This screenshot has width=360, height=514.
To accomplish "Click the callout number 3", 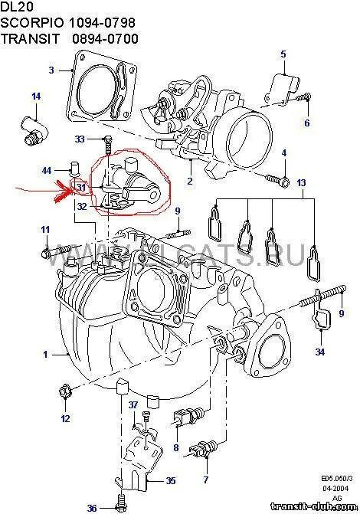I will click(51, 70).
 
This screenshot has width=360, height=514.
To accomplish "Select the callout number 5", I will click(282, 53).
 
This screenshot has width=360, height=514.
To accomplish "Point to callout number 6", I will click(306, 123).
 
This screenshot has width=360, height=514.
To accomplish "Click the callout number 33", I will click(80, 139).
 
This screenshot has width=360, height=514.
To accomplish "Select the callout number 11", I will click(45, 230).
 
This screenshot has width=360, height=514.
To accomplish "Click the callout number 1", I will click(45, 354).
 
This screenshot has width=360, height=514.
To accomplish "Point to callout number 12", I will click(65, 418).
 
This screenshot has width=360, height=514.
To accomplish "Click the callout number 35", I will click(170, 481).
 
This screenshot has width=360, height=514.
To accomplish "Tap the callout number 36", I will click(91, 508).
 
